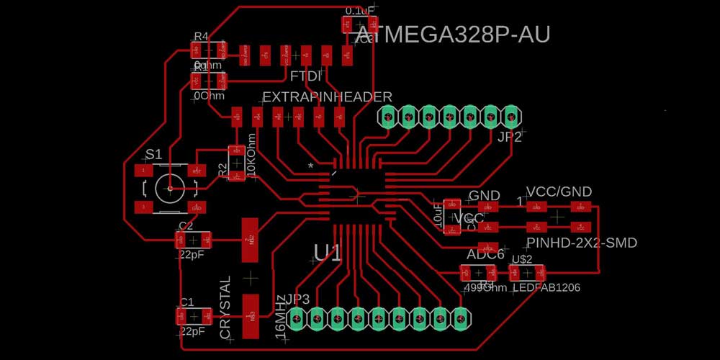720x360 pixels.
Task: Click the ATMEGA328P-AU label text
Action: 454,35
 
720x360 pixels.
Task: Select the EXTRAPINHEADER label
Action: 327,96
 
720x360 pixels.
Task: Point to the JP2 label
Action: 509,137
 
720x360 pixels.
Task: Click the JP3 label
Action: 297,300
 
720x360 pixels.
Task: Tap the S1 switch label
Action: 154,153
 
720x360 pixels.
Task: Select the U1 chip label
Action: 328,252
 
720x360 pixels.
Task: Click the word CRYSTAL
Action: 225,307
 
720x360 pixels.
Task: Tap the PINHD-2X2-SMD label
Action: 582,243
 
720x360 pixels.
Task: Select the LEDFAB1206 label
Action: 546,287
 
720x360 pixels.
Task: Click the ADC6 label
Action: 485,254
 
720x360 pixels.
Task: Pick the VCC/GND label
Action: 559,192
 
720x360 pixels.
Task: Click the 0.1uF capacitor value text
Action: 360,11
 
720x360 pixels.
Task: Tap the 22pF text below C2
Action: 191,254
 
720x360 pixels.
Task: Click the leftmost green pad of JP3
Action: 296,317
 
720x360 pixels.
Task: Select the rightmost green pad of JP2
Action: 511,115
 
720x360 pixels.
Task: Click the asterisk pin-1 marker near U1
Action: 311,166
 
